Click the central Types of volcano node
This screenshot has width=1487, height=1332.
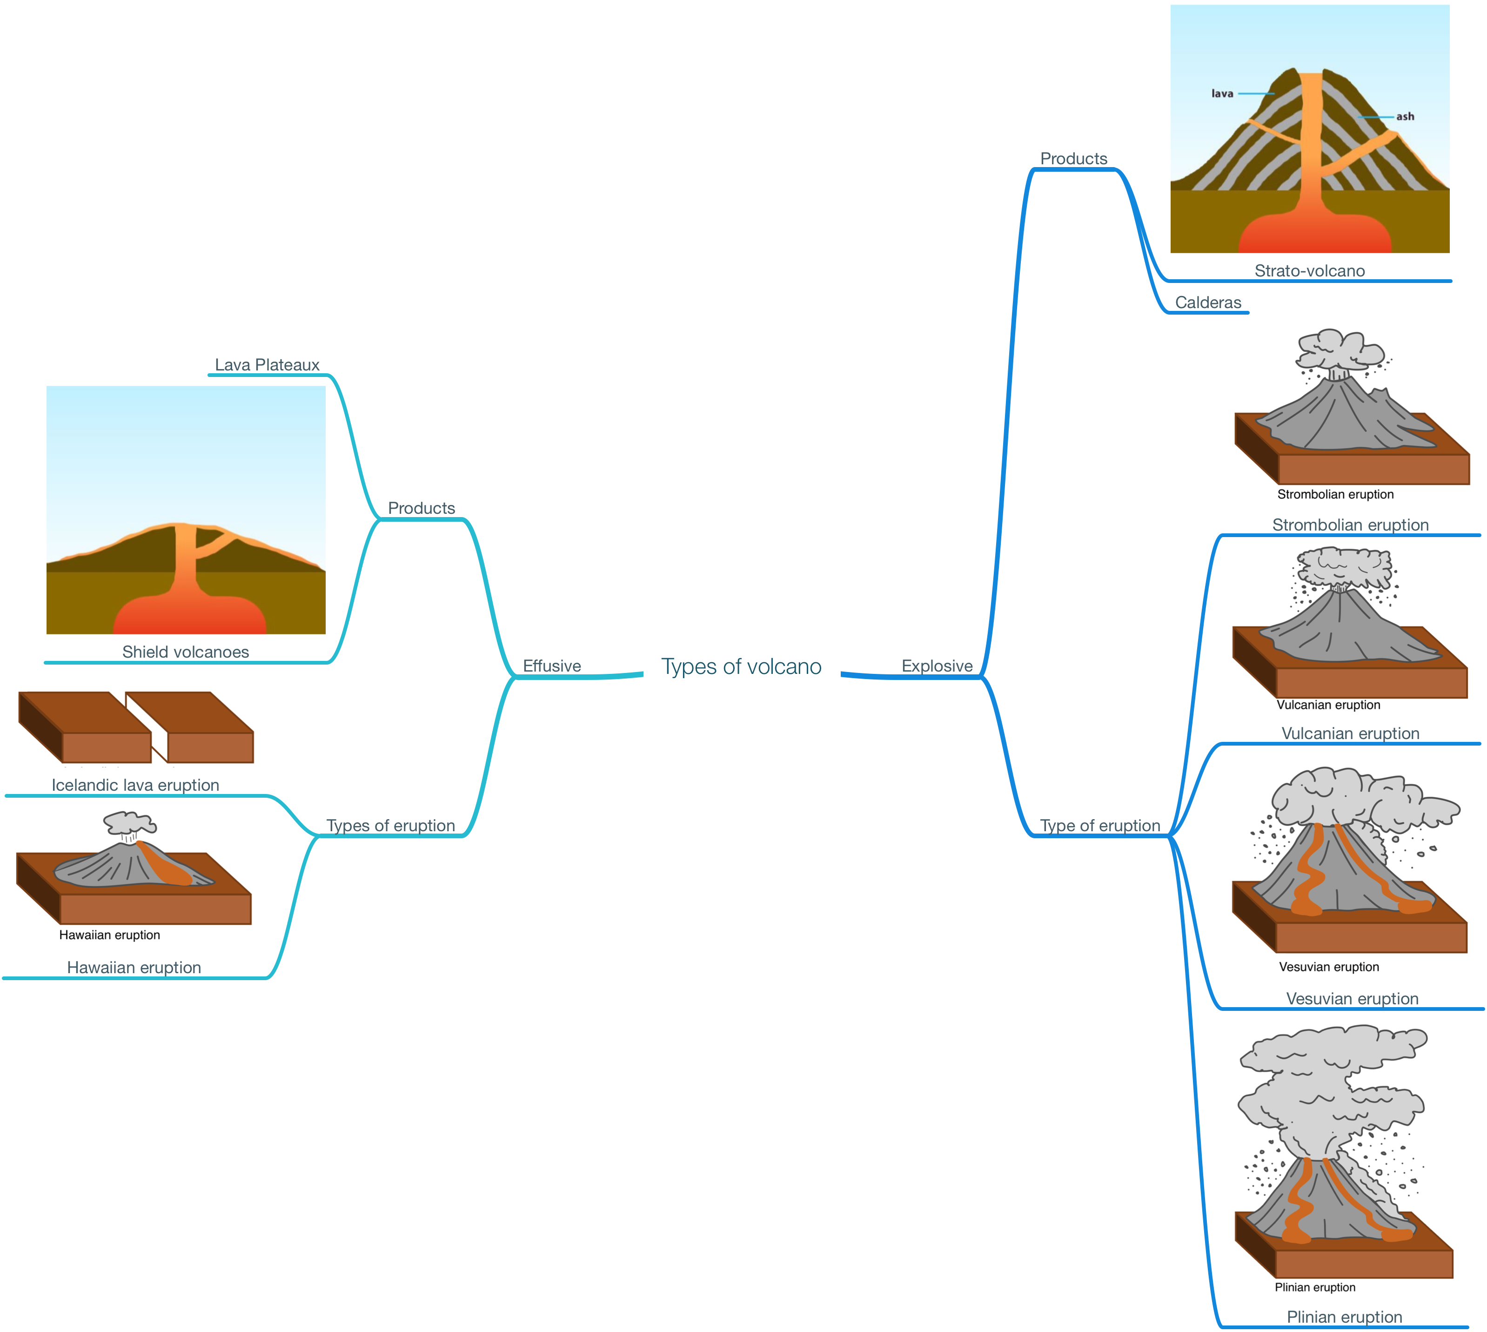pos(741,666)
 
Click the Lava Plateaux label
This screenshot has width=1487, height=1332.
pos(267,364)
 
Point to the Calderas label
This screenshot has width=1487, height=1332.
pos(1208,302)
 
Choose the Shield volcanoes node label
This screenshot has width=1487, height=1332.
pos(186,652)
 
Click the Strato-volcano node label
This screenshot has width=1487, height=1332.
pos(1309,271)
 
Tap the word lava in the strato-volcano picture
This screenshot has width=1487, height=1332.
pos(1222,94)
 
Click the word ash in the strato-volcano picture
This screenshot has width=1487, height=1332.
pos(1405,116)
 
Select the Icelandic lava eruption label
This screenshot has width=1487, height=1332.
pos(135,785)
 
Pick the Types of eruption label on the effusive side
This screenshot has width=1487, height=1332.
pos(391,826)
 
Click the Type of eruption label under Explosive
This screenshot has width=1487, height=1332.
pos(1100,826)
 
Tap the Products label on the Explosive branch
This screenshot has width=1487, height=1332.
pos(1073,159)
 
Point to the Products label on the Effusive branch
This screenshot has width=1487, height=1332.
pos(422,508)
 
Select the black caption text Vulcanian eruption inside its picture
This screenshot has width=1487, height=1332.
pos(1328,705)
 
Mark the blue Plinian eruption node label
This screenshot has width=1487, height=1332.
pos(1344,1317)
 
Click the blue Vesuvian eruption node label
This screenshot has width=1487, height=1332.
pos(1352,998)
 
